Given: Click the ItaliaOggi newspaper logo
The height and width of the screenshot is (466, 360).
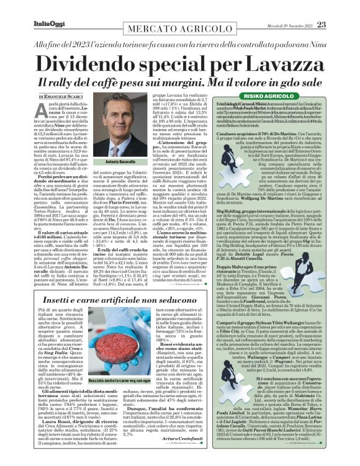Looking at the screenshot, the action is [28, 7].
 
